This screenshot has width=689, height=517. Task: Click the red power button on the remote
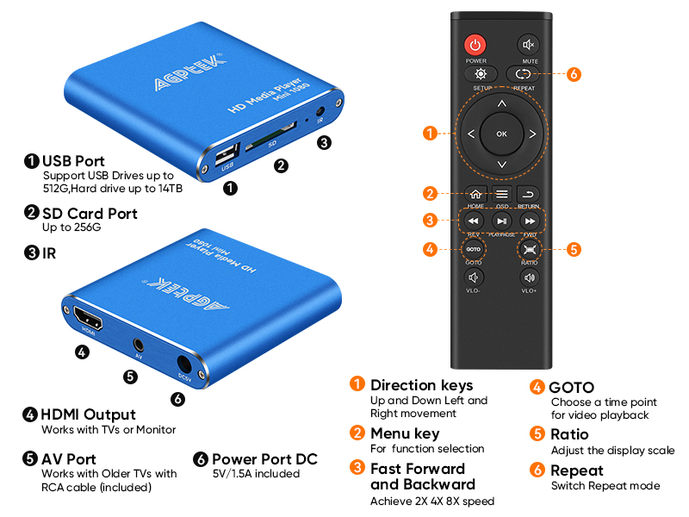[x=475, y=45]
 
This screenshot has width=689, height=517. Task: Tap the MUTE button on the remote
[x=528, y=45]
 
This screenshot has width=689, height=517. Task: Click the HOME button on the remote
[x=475, y=194]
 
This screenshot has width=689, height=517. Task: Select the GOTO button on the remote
[x=474, y=249]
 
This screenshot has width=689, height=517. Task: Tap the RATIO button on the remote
[x=529, y=249]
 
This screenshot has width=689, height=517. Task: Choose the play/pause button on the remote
[x=502, y=221]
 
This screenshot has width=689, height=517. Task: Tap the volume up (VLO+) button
[x=529, y=277]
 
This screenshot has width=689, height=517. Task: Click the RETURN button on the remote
[x=529, y=194]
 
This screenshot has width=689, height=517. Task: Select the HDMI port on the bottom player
[x=86, y=316]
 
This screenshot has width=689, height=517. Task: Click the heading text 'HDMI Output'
[x=89, y=414]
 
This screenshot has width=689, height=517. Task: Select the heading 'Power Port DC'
[x=265, y=458]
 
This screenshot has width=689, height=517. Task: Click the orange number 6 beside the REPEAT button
[x=574, y=74]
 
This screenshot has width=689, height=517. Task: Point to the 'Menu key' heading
[x=405, y=433]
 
